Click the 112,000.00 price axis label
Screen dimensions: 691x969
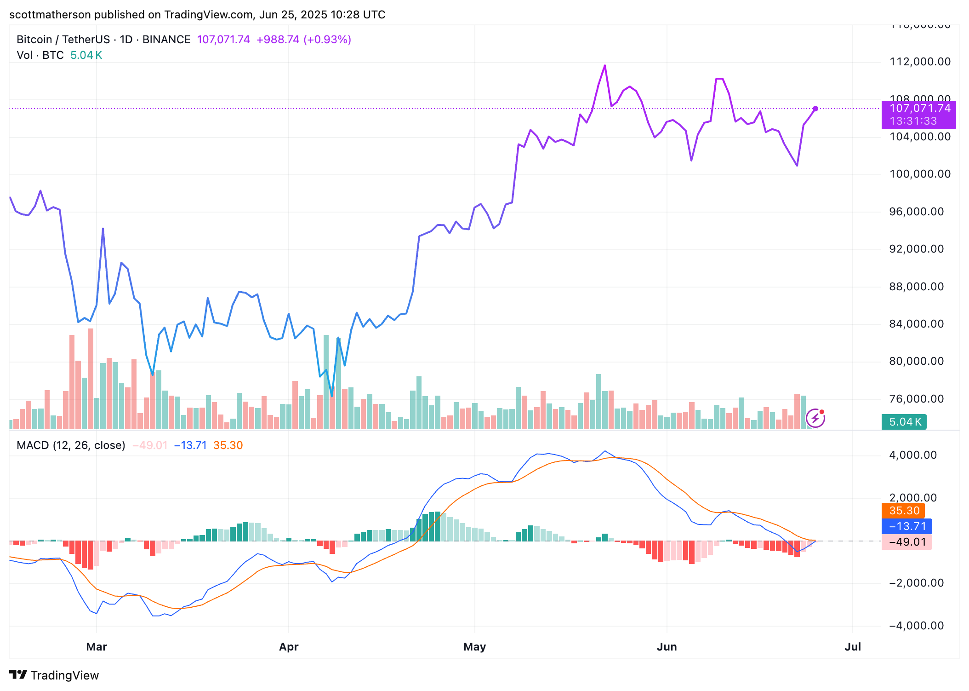coord(920,62)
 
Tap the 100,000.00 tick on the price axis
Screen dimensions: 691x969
coord(920,174)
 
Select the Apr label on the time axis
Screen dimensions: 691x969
coord(289,647)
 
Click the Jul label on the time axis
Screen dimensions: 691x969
coord(853,647)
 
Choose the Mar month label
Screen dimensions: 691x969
coord(97,647)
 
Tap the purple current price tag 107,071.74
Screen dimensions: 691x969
coord(918,109)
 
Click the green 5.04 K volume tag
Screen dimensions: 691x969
coord(904,422)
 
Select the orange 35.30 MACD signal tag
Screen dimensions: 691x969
coord(903,511)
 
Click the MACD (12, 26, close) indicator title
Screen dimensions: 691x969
coord(71,445)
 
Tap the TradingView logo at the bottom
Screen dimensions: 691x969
coord(54,675)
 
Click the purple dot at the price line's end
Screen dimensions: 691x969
coord(815,109)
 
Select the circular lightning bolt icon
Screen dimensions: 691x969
coord(815,418)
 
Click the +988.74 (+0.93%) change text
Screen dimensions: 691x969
coord(303,40)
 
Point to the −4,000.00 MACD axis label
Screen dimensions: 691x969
coord(916,626)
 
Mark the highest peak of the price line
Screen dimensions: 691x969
coord(605,66)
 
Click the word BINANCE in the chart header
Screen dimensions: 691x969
coord(166,40)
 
